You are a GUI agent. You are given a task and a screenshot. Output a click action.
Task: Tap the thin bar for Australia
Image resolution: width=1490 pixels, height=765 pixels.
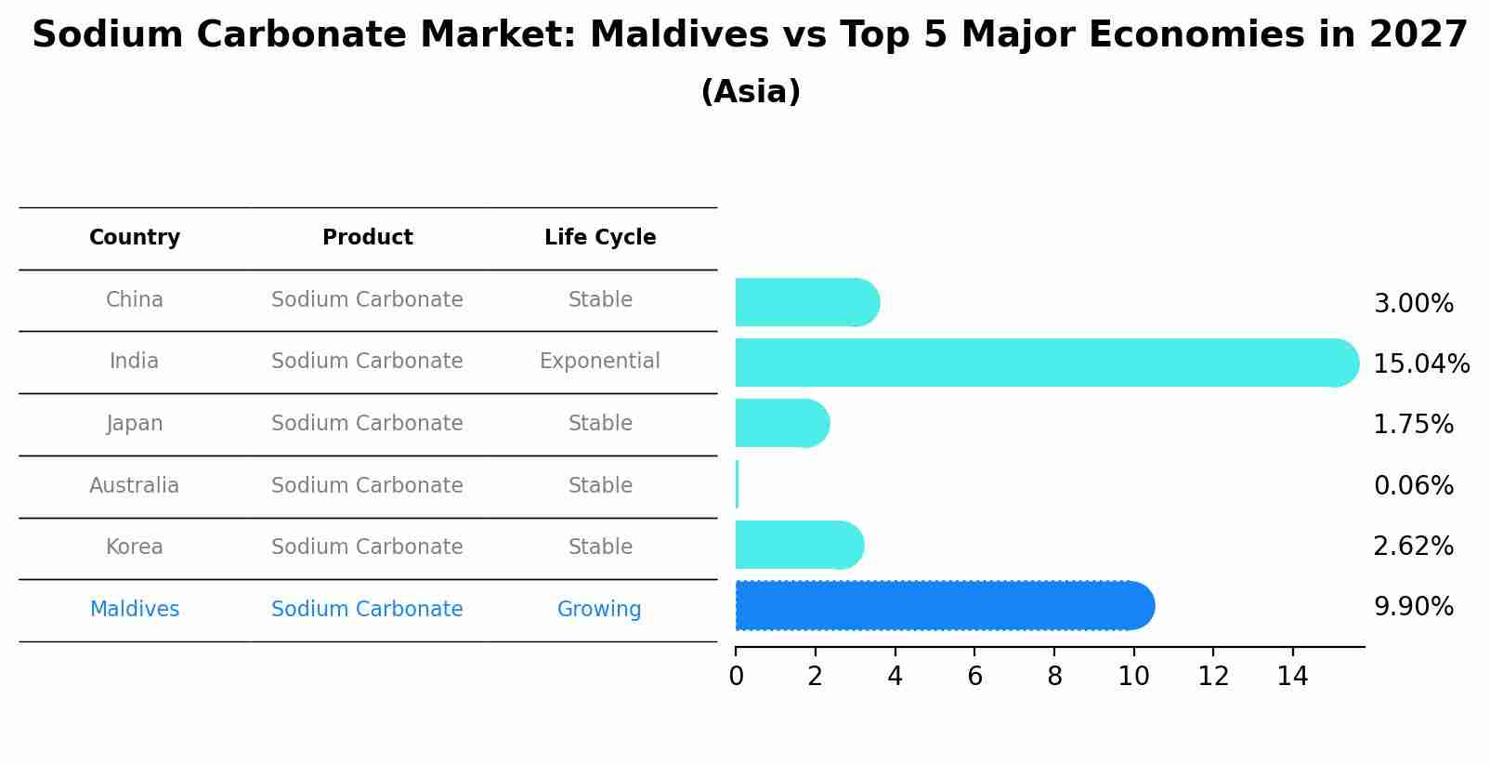[x=738, y=484]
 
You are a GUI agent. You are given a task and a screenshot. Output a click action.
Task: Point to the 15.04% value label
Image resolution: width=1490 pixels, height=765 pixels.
[x=1420, y=363]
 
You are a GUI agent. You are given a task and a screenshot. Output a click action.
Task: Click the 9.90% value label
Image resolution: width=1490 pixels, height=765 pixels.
[x=1413, y=607]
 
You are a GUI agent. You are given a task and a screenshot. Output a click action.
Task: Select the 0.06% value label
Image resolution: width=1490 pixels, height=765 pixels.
[x=1413, y=485]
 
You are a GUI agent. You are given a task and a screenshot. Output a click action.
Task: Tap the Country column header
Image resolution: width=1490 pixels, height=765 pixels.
[x=135, y=238]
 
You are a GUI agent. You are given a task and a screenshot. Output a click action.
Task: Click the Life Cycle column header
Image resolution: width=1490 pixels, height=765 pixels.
[x=600, y=238]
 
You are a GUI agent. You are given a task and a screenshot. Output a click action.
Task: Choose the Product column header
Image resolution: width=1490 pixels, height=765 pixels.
[x=367, y=238]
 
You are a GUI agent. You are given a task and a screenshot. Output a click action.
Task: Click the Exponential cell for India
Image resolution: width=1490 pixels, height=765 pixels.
[x=600, y=361]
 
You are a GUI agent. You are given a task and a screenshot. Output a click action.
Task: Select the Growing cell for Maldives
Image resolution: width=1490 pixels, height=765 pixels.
[x=599, y=609]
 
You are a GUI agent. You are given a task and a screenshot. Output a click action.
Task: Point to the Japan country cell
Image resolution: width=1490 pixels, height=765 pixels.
[x=135, y=423]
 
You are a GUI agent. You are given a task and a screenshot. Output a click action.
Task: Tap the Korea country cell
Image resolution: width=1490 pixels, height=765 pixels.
[x=135, y=547]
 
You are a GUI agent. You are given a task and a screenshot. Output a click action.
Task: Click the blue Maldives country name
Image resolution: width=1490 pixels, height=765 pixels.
[x=135, y=609]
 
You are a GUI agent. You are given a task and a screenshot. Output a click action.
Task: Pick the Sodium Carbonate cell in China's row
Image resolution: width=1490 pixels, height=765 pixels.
[x=367, y=299]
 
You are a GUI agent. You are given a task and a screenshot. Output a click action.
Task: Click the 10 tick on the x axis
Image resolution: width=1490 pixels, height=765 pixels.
[x=1133, y=676]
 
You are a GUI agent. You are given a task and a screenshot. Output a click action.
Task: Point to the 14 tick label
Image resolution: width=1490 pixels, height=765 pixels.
[x=1292, y=676]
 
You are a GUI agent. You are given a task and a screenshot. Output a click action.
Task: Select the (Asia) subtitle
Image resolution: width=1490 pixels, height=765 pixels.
[x=751, y=92]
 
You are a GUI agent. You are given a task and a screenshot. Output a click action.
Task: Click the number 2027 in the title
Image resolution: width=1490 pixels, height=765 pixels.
[x=1418, y=35]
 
